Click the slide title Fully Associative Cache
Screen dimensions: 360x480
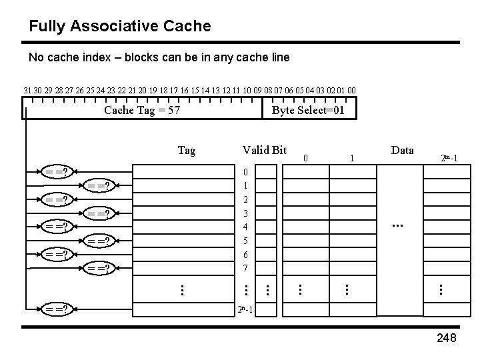pyautogui.click(x=120, y=27)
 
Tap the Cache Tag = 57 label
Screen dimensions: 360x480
pyautogui.click(x=142, y=110)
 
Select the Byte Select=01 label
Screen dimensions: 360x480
pyautogui.click(x=308, y=110)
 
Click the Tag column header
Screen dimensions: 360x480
pyautogui.click(x=187, y=151)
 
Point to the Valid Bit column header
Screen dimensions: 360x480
pyautogui.click(x=264, y=150)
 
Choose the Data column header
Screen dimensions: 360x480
pyautogui.click(x=402, y=150)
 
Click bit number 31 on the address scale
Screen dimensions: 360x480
pyautogui.click(x=27, y=90)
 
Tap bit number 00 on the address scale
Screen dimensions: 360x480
pyautogui.click(x=351, y=90)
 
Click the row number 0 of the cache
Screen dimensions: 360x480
pyautogui.click(x=246, y=172)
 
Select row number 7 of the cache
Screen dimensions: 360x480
pyautogui.click(x=246, y=268)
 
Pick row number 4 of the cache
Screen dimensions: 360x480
pyautogui.click(x=246, y=227)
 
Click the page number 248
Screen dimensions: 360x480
pyautogui.click(x=446, y=339)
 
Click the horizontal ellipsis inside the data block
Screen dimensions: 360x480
pyautogui.click(x=399, y=227)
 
